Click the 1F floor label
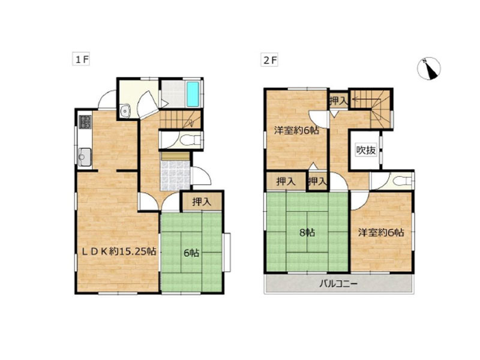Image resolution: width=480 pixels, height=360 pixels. [x=81, y=59]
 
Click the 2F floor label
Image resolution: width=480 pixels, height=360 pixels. [x=269, y=60]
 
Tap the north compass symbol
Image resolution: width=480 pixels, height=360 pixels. [x=429, y=68]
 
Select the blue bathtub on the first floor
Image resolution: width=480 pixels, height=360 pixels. [x=193, y=94]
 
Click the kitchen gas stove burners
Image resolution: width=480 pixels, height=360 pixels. [x=85, y=122]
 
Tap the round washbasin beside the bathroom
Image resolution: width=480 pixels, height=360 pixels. [x=125, y=110]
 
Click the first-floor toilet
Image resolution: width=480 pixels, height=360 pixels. [x=190, y=140]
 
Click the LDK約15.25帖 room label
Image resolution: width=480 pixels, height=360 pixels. [x=119, y=251]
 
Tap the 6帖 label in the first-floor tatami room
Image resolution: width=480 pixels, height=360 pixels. [x=191, y=253]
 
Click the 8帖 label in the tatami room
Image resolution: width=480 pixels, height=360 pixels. [x=307, y=233]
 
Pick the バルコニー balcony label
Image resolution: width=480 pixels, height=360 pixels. [x=338, y=284]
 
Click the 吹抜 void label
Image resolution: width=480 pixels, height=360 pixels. [x=366, y=151]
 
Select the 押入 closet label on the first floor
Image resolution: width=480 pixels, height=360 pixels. [x=202, y=202]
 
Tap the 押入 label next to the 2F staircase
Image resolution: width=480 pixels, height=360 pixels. [x=338, y=100]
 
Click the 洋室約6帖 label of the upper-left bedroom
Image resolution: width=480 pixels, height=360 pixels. [x=296, y=130]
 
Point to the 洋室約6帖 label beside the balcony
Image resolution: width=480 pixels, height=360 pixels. [x=381, y=233]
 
